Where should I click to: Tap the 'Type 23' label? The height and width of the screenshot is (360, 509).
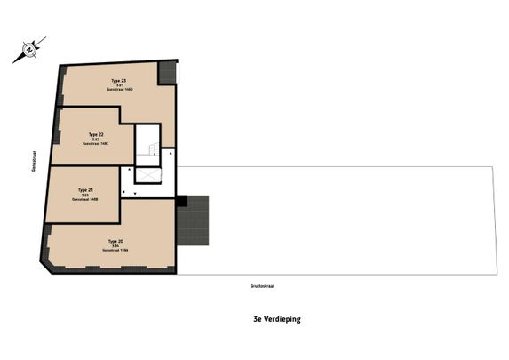106,81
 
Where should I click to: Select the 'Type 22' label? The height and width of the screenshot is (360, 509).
95,135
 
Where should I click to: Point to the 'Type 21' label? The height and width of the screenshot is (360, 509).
84,189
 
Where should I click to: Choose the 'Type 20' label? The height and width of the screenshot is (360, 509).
115,241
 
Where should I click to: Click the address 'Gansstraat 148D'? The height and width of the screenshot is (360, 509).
106,91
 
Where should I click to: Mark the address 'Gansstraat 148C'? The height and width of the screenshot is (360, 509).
95,145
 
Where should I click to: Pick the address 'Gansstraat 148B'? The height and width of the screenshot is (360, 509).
84,199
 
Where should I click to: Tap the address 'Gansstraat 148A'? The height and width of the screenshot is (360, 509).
115,251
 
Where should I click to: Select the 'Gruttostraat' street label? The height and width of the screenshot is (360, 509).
261,285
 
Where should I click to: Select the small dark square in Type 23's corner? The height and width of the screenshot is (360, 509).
166,73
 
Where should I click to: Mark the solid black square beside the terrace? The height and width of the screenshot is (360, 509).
181,201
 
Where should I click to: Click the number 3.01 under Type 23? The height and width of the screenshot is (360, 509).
106,86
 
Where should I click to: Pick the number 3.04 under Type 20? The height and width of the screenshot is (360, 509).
115,246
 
